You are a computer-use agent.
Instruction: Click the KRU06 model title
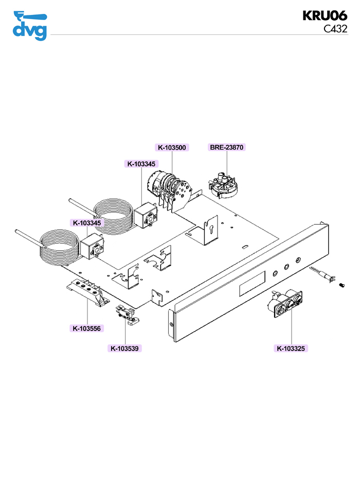[325, 15]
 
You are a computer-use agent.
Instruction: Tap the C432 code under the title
[335, 29]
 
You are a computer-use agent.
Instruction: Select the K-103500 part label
[172, 148]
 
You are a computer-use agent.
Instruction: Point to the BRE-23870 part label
[226, 148]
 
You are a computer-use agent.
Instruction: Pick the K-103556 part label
[87, 328]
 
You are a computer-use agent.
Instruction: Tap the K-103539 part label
[125, 348]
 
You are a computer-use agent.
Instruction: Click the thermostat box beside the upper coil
[145, 215]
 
